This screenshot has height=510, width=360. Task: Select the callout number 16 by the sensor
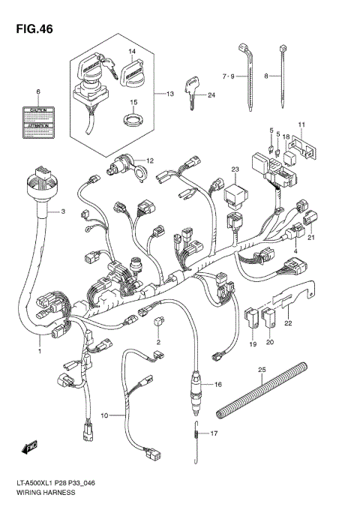tap(218, 385)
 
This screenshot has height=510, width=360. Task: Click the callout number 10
tap(105, 415)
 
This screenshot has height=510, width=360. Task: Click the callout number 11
tap(301, 124)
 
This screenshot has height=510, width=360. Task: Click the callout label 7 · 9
tap(229, 76)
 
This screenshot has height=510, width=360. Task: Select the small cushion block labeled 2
tap(157, 322)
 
